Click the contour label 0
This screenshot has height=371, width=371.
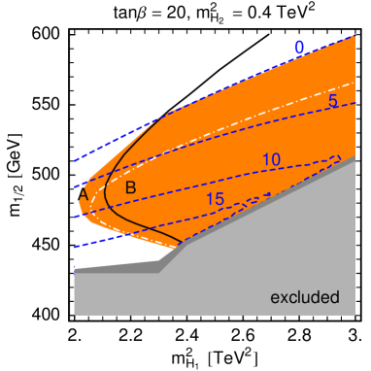(299, 48)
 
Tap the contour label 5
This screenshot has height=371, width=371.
(333, 101)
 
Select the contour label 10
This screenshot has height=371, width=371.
(271, 159)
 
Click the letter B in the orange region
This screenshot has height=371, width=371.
(130, 186)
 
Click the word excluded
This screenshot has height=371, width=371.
(304, 297)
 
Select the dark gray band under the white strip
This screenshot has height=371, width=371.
(117, 269)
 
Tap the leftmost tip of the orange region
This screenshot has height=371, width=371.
(80, 199)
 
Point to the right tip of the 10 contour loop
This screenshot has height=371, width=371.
(340, 157)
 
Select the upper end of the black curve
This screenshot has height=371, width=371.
(175, 115)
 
